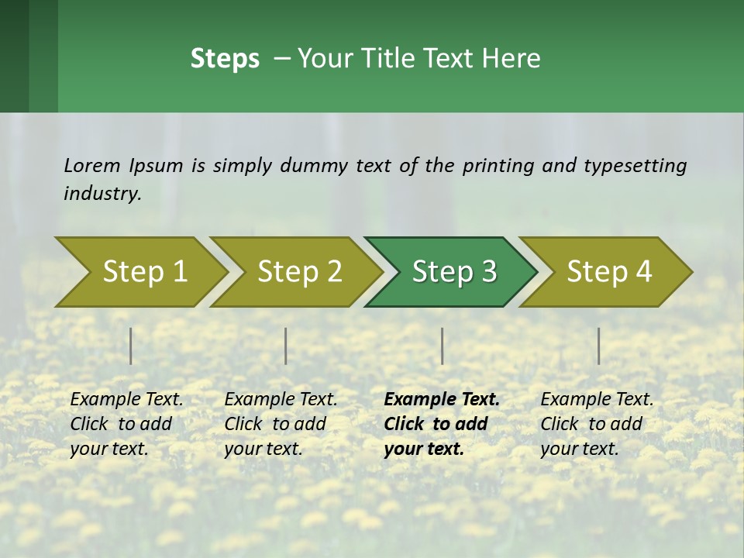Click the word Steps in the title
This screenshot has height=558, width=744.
pos(225,59)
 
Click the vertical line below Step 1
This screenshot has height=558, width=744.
pos(131,346)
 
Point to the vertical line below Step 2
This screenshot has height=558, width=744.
pos(286,346)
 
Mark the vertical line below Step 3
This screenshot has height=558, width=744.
pos(443,346)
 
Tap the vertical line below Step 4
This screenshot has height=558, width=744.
pos(599,346)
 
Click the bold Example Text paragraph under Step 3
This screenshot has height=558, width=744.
pos(442,424)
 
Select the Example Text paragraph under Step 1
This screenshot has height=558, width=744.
pos(126,424)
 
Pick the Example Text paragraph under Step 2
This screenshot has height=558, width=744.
pos(281,424)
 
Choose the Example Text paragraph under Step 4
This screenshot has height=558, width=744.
pos(597,424)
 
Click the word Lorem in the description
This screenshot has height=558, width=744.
pos(92,166)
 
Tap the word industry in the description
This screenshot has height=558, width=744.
pos(102,194)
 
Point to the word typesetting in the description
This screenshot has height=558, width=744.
pos(635,166)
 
